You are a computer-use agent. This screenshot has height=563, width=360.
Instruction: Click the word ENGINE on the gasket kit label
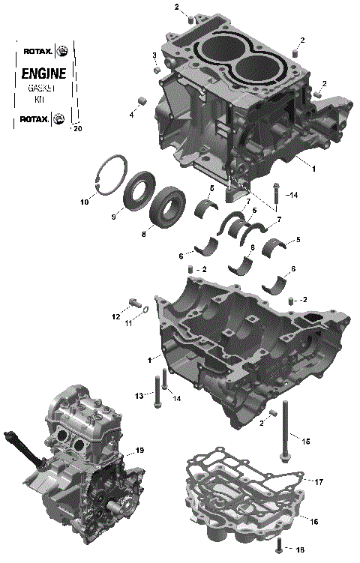click(x=43, y=73)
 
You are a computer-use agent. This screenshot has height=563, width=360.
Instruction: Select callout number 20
click(x=76, y=129)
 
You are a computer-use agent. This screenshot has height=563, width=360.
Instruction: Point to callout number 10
click(x=84, y=202)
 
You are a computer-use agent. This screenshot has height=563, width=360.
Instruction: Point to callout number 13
click(x=139, y=395)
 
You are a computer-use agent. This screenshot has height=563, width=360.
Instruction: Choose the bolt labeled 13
click(x=156, y=389)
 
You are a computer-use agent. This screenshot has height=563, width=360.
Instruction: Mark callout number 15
click(x=305, y=441)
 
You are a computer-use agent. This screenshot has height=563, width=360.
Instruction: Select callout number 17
click(x=318, y=481)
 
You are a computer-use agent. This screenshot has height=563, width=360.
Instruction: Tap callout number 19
click(x=139, y=451)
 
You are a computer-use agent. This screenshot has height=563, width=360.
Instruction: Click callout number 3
click(x=154, y=55)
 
